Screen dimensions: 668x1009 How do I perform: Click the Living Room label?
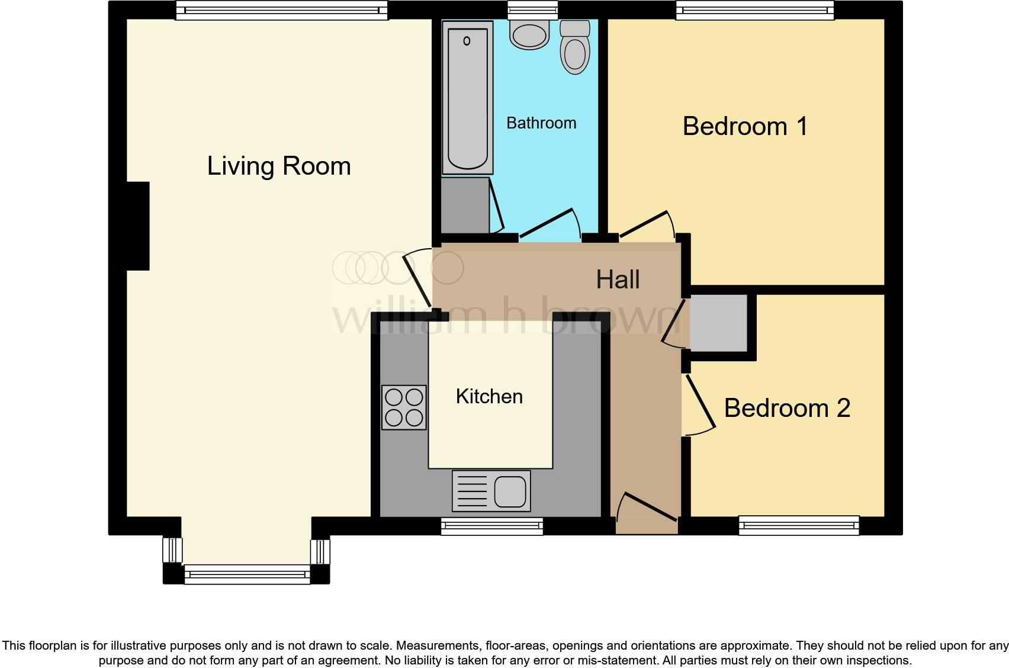pyautogui.click(x=279, y=166)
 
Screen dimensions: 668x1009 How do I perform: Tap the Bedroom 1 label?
pyautogui.click(x=745, y=126)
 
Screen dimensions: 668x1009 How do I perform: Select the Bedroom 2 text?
pyautogui.click(x=787, y=408)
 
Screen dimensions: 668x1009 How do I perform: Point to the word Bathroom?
pyautogui.click(x=541, y=123)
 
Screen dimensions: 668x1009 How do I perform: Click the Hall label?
pyautogui.click(x=618, y=280)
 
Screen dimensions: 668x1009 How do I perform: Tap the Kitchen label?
pyautogui.click(x=489, y=396)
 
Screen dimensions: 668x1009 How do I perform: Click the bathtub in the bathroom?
pyautogui.click(x=468, y=98)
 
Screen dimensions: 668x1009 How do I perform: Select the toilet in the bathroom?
pyautogui.click(x=574, y=47)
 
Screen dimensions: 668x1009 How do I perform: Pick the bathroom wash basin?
pyautogui.click(x=530, y=34)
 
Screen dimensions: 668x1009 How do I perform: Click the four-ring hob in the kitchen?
pyautogui.click(x=404, y=407)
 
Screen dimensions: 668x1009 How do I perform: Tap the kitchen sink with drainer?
pyautogui.click(x=491, y=491)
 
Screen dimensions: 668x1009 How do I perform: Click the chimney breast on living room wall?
pyautogui.click(x=137, y=226)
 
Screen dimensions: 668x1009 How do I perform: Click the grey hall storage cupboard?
pyautogui.click(x=719, y=322)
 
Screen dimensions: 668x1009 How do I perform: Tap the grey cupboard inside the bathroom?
pyautogui.click(x=465, y=205)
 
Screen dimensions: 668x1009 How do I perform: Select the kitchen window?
pyautogui.click(x=491, y=526)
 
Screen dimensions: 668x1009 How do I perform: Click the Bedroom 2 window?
pyautogui.click(x=798, y=525)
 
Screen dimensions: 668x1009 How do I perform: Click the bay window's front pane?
pyautogui.click(x=247, y=574)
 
